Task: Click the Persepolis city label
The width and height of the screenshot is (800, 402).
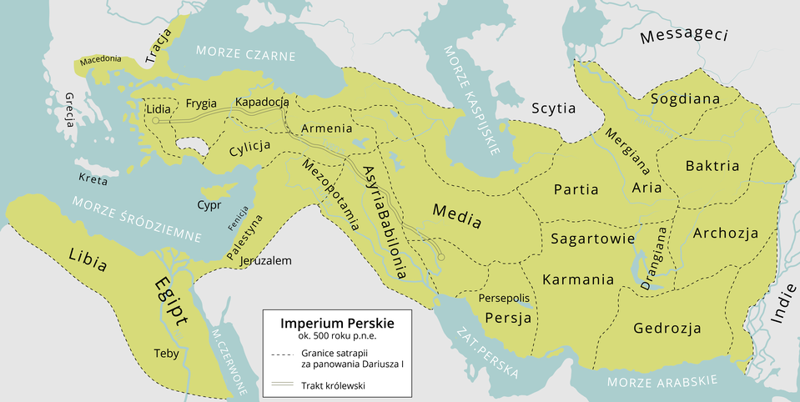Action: click(504, 298)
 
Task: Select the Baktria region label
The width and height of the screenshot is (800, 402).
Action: click(712, 166)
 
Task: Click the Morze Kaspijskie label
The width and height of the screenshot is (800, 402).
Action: click(472, 97)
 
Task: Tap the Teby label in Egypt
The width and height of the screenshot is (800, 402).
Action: click(166, 354)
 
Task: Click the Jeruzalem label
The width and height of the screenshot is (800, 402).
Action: click(265, 260)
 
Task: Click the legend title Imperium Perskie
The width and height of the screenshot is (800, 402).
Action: click(336, 322)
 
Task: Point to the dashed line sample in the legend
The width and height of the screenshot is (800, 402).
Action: click(285, 354)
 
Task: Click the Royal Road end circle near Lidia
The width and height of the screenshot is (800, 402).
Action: click(155, 121)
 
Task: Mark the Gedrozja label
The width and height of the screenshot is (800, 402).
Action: click(667, 328)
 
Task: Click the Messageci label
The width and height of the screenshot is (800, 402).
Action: click(685, 36)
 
